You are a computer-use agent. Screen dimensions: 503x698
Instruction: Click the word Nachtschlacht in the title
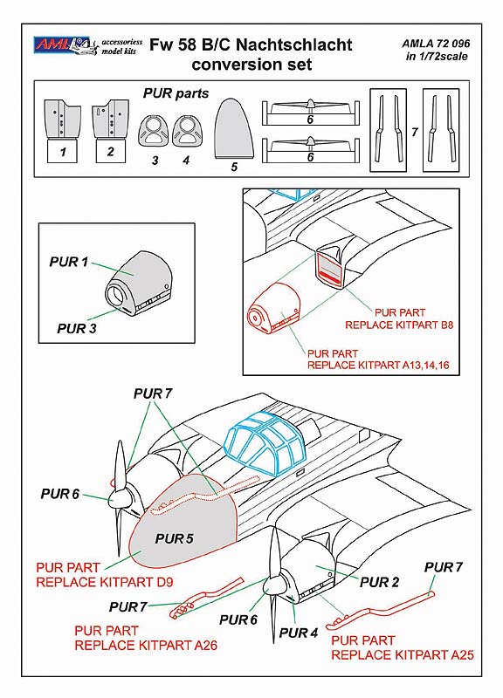tap(294, 45)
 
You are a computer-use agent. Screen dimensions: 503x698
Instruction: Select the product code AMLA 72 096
tap(436, 44)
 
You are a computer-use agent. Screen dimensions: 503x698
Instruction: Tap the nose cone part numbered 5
tap(234, 128)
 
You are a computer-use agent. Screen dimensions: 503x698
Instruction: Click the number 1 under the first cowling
tap(63, 152)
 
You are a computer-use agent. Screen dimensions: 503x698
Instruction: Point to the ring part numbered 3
tap(154, 130)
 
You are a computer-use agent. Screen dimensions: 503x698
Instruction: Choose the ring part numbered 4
tap(186, 130)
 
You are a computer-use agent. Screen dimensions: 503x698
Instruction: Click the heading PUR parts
tap(176, 93)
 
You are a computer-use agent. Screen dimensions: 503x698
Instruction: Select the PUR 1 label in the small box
tap(69, 262)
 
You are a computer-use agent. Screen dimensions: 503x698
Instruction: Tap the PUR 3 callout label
tap(77, 329)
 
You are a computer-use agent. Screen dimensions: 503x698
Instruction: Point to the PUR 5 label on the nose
tap(174, 538)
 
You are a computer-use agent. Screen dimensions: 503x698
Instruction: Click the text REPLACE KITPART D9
tap(105, 582)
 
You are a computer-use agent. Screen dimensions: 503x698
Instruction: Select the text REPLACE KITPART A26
tap(146, 645)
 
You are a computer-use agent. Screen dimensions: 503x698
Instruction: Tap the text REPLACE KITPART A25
tap(403, 655)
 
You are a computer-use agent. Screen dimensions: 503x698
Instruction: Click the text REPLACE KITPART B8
tap(399, 325)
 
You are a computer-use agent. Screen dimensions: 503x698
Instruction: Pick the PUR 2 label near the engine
tap(380, 582)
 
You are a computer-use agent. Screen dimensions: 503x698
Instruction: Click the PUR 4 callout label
tap(299, 633)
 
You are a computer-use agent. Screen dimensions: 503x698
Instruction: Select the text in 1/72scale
tap(437, 57)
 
